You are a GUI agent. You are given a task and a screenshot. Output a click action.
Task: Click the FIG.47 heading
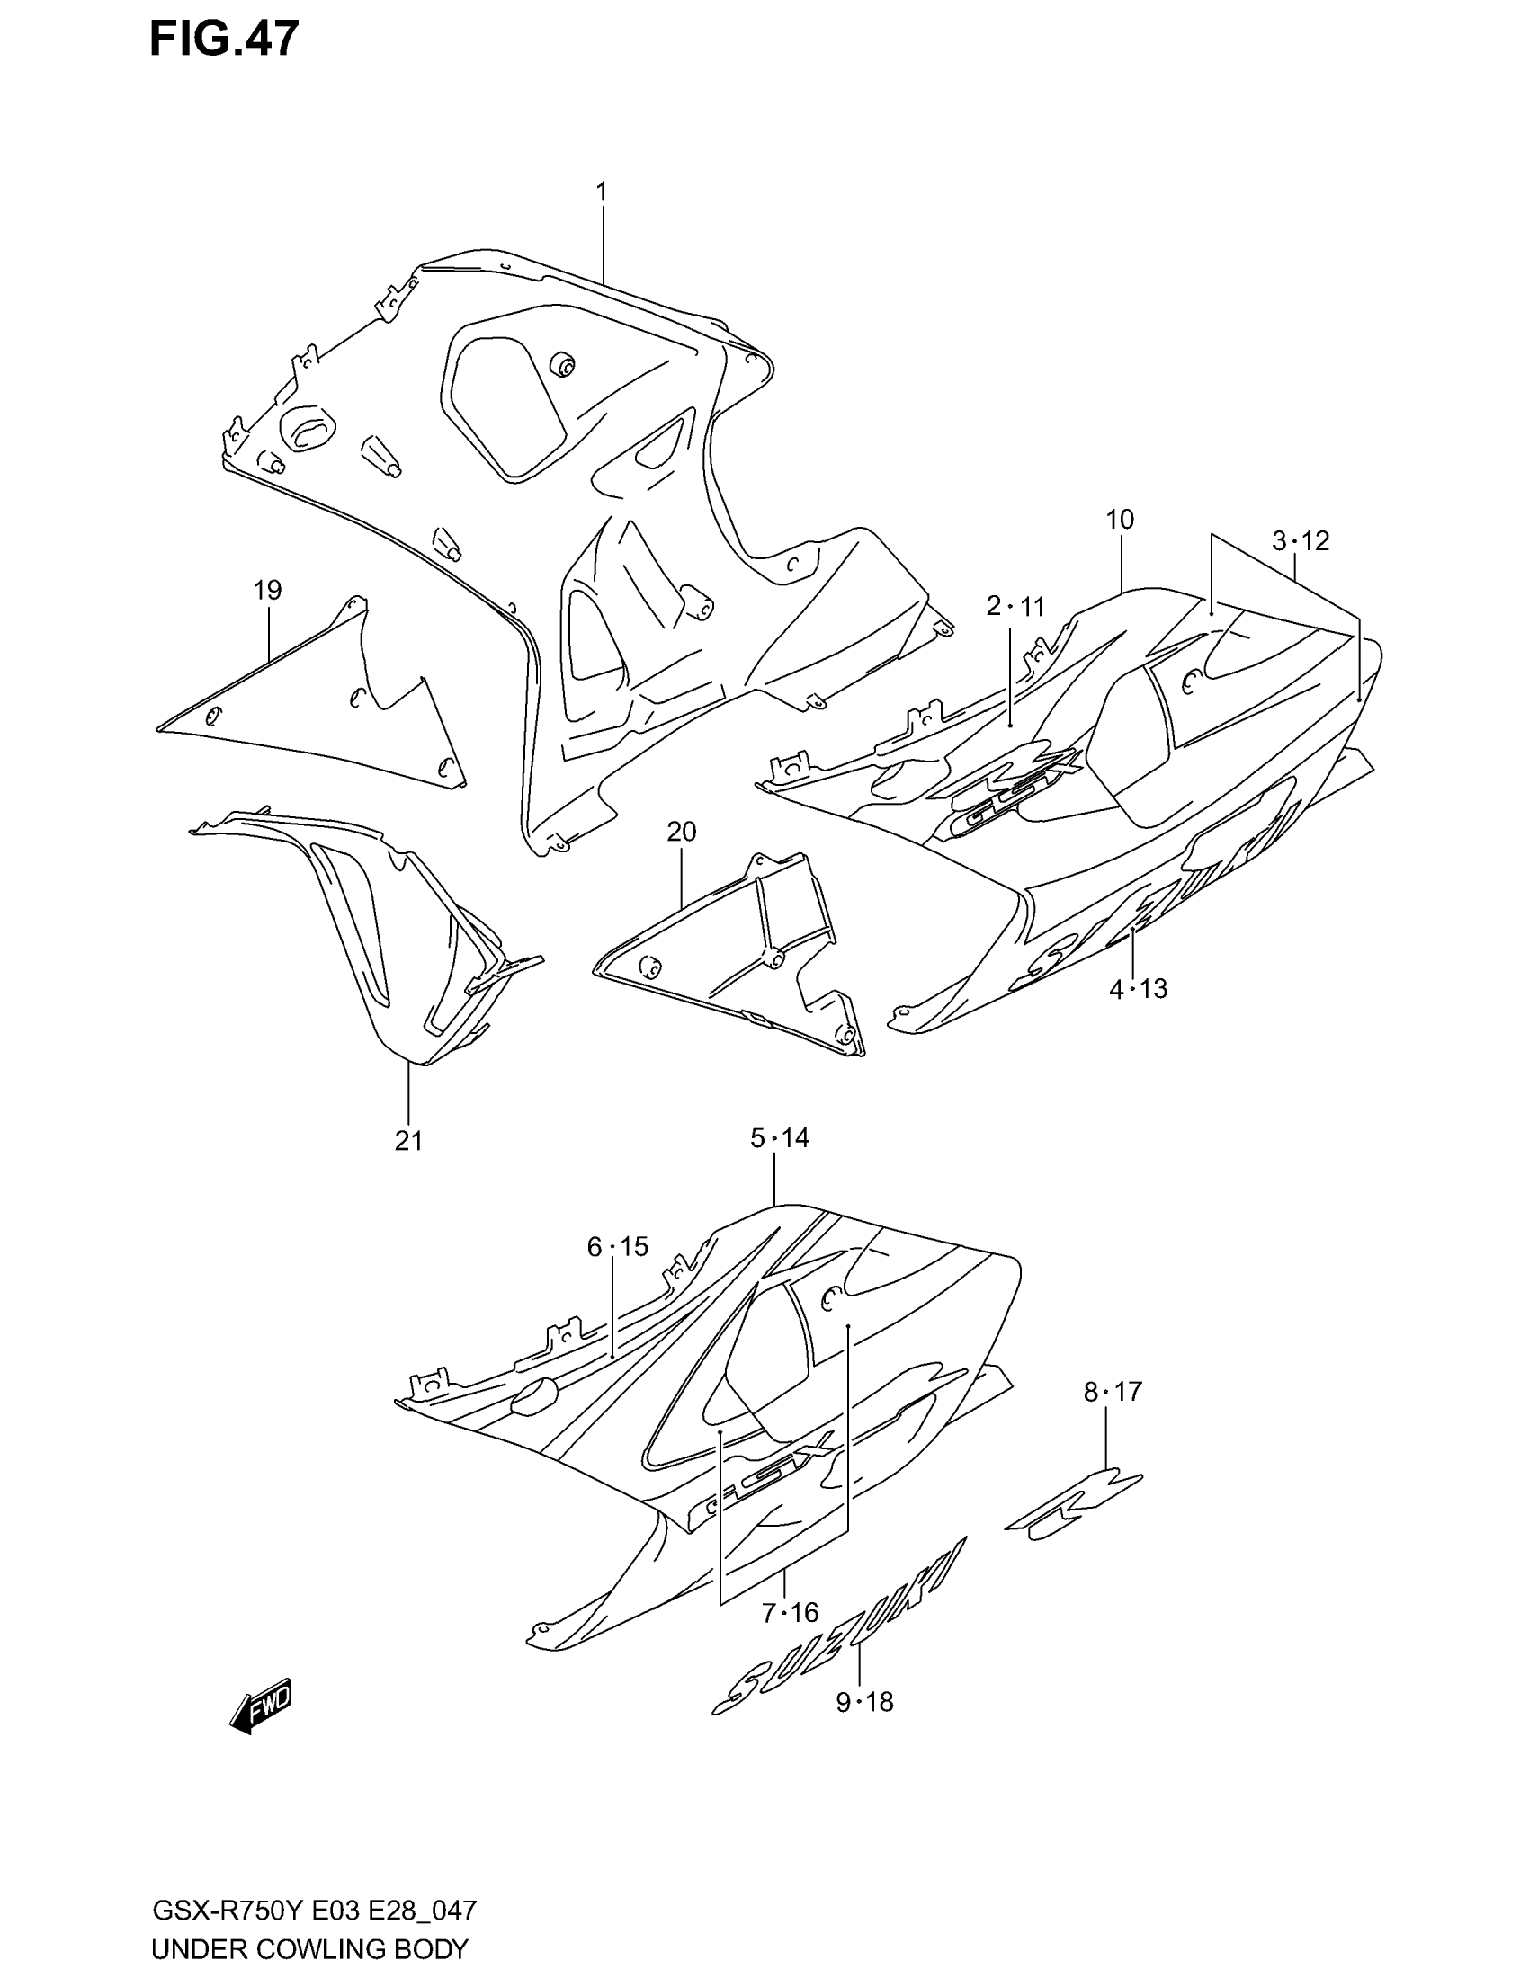[224, 40]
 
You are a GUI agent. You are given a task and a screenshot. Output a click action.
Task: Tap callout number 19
[267, 591]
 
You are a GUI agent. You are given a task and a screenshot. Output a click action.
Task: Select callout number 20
[681, 832]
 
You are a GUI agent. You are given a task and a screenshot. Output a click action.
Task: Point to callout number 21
[408, 1140]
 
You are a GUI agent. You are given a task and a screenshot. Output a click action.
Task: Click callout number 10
[1120, 520]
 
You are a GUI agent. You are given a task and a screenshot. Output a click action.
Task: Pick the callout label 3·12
[1300, 541]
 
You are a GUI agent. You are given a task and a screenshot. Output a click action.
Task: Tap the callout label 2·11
[1015, 606]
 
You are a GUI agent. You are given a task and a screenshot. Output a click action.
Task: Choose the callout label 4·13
[1138, 989]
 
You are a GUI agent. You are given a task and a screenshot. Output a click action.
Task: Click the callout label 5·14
[779, 1137]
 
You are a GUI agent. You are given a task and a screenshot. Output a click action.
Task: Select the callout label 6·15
[618, 1247]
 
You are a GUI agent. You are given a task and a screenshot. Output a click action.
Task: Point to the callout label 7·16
[790, 1612]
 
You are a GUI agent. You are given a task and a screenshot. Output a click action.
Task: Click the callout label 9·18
[864, 1703]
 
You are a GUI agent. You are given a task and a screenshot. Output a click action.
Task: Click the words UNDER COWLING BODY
[309, 1949]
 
